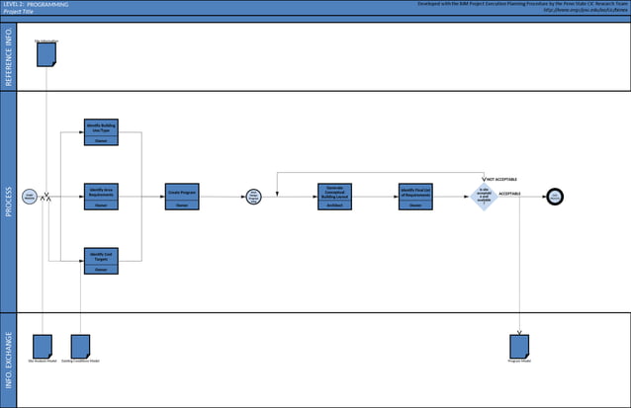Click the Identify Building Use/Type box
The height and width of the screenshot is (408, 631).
[102, 132]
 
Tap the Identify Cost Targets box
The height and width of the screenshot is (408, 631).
[102, 261]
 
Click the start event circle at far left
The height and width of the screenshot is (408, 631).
[30, 197]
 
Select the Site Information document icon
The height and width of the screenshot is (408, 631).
[46, 54]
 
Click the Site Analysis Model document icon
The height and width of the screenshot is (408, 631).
[43, 345]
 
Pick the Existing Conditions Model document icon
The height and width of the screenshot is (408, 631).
[80, 345]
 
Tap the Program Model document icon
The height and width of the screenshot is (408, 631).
[519, 345]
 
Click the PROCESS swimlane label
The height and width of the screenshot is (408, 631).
[9, 203]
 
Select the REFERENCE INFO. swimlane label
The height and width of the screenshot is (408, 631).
[9, 58]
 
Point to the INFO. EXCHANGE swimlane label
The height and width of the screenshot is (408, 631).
[9, 360]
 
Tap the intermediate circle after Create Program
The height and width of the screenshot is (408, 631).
[253, 197]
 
